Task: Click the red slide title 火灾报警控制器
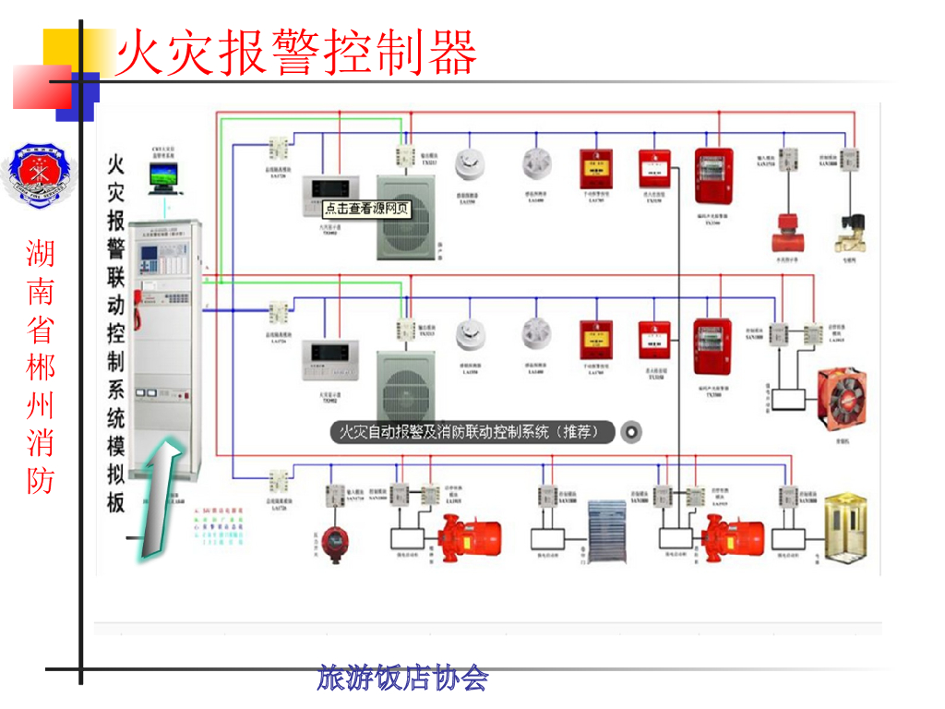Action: (295, 53)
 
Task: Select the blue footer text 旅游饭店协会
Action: (402, 679)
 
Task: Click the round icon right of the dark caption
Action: (631, 431)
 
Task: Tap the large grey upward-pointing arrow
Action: (157, 499)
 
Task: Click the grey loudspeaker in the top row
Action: (404, 219)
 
